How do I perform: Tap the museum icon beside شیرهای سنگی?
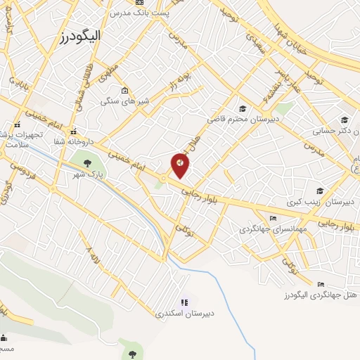(124, 91)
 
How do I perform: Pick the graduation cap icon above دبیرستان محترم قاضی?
(243, 108)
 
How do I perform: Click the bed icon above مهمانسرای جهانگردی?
(274, 218)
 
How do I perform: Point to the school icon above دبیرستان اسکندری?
(185, 301)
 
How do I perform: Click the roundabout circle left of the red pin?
(164, 179)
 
